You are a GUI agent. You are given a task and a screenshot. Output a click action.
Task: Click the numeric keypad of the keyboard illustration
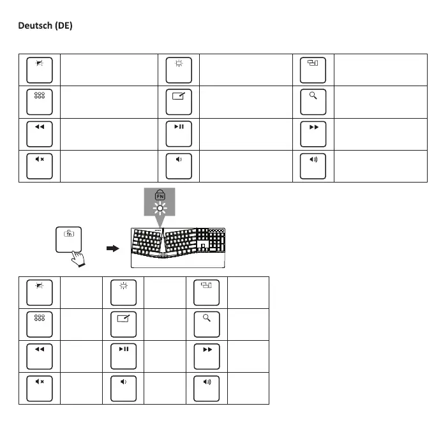[x=211, y=241]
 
